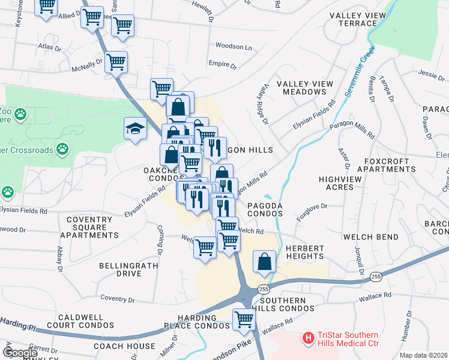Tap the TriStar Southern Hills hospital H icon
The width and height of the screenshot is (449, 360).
(x=309, y=339)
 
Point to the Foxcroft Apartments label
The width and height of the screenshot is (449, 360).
(x=386, y=165)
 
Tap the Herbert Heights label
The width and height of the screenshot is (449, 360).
(x=305, y=252)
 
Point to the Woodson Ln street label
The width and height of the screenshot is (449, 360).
(x=234, y=46)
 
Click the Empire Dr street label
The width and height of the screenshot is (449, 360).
(x=220, y=64)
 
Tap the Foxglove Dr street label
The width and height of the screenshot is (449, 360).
(x=312, y=207)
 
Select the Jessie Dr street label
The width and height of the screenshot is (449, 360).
(x=432, y=74)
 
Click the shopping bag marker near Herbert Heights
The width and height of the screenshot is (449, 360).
(x=264, y=261)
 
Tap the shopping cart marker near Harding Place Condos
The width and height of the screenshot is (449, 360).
(x=244, y=319)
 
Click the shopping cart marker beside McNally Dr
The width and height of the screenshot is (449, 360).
(x=116, y=61)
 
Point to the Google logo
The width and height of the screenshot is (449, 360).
(x=20, y=353)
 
